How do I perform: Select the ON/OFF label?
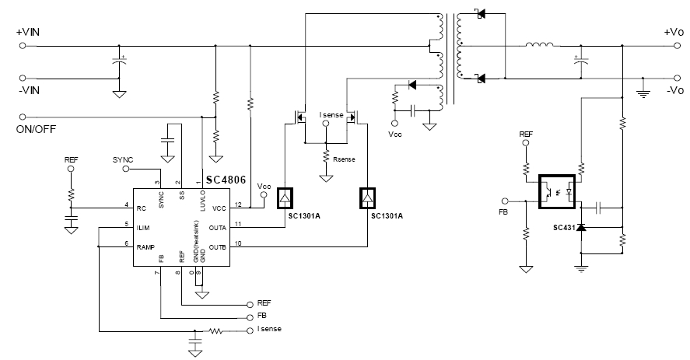[x=36, y=128]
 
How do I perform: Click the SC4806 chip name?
[x=227, y=180]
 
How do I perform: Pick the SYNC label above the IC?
[x=123, y=159]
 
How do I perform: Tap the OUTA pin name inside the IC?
[x=218, y=227]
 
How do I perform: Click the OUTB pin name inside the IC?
[x=218, y=247]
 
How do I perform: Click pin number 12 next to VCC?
[x=238, y=204]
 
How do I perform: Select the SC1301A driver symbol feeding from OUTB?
[x=366, y=199]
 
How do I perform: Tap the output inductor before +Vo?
[x=539, y=45]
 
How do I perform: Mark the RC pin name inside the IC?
[x=142, y=208]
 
